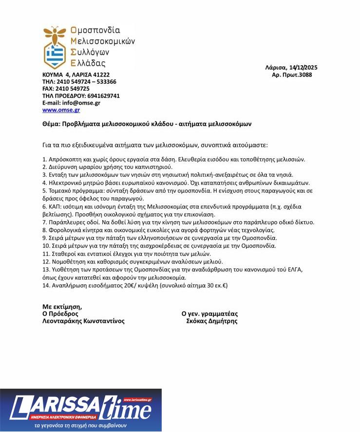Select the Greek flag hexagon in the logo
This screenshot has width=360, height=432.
click(55, 55)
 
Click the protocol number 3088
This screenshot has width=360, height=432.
click(305, 75)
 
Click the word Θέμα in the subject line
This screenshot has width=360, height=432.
click(51, 124)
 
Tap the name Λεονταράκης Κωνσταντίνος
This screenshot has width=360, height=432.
click(83, 321)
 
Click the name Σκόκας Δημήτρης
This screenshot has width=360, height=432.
click(212, 321)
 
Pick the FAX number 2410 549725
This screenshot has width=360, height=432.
click(73, 89)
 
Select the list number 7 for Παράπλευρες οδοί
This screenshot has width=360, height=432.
click(44, 222)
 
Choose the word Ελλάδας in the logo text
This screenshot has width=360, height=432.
click(88, 63)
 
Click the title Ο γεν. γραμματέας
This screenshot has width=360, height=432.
click(209, 314)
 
